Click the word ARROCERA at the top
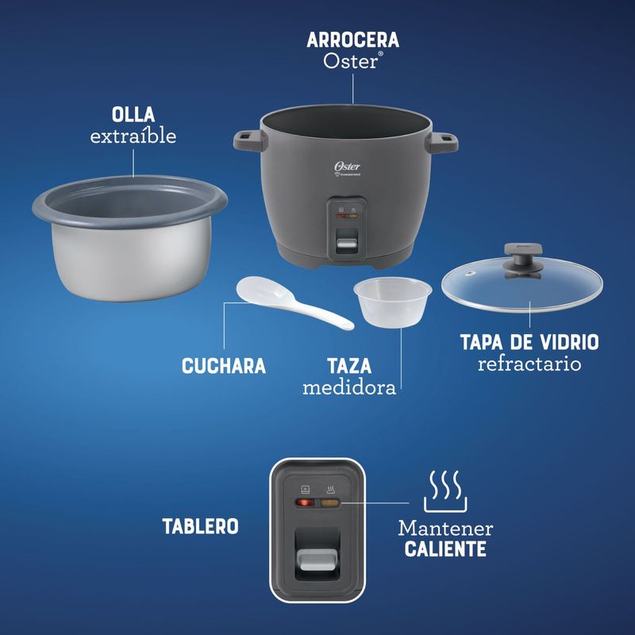352,40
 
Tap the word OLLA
133,114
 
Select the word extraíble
133,136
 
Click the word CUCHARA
224,366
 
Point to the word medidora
349,387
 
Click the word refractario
529,364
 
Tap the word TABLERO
201,526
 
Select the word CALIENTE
445,549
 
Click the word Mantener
445,529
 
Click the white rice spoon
294,302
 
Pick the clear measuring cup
392,302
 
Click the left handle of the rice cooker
250,141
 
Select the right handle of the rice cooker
442,143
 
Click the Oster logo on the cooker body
347,167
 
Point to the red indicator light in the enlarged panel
305,503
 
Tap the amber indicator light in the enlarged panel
329,503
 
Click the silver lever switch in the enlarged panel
317,560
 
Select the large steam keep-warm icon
445,491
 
